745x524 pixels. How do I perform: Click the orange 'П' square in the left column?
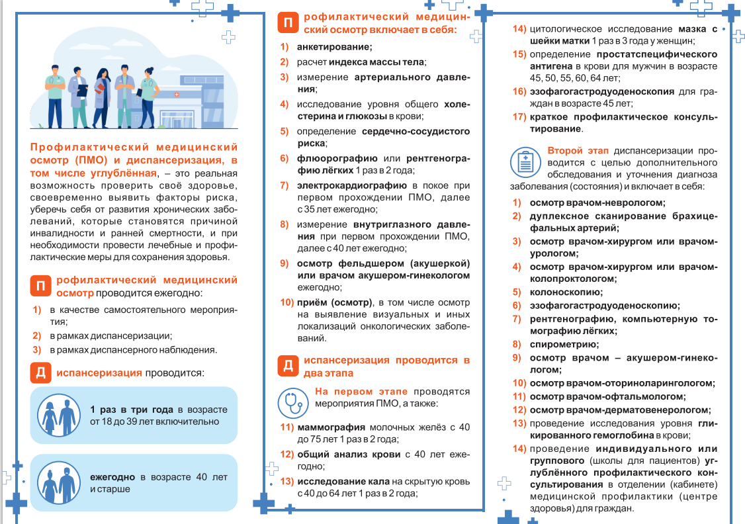coord(40,286)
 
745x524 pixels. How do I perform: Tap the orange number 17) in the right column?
coord(519,117)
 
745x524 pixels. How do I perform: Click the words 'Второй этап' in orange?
coord(573,150)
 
